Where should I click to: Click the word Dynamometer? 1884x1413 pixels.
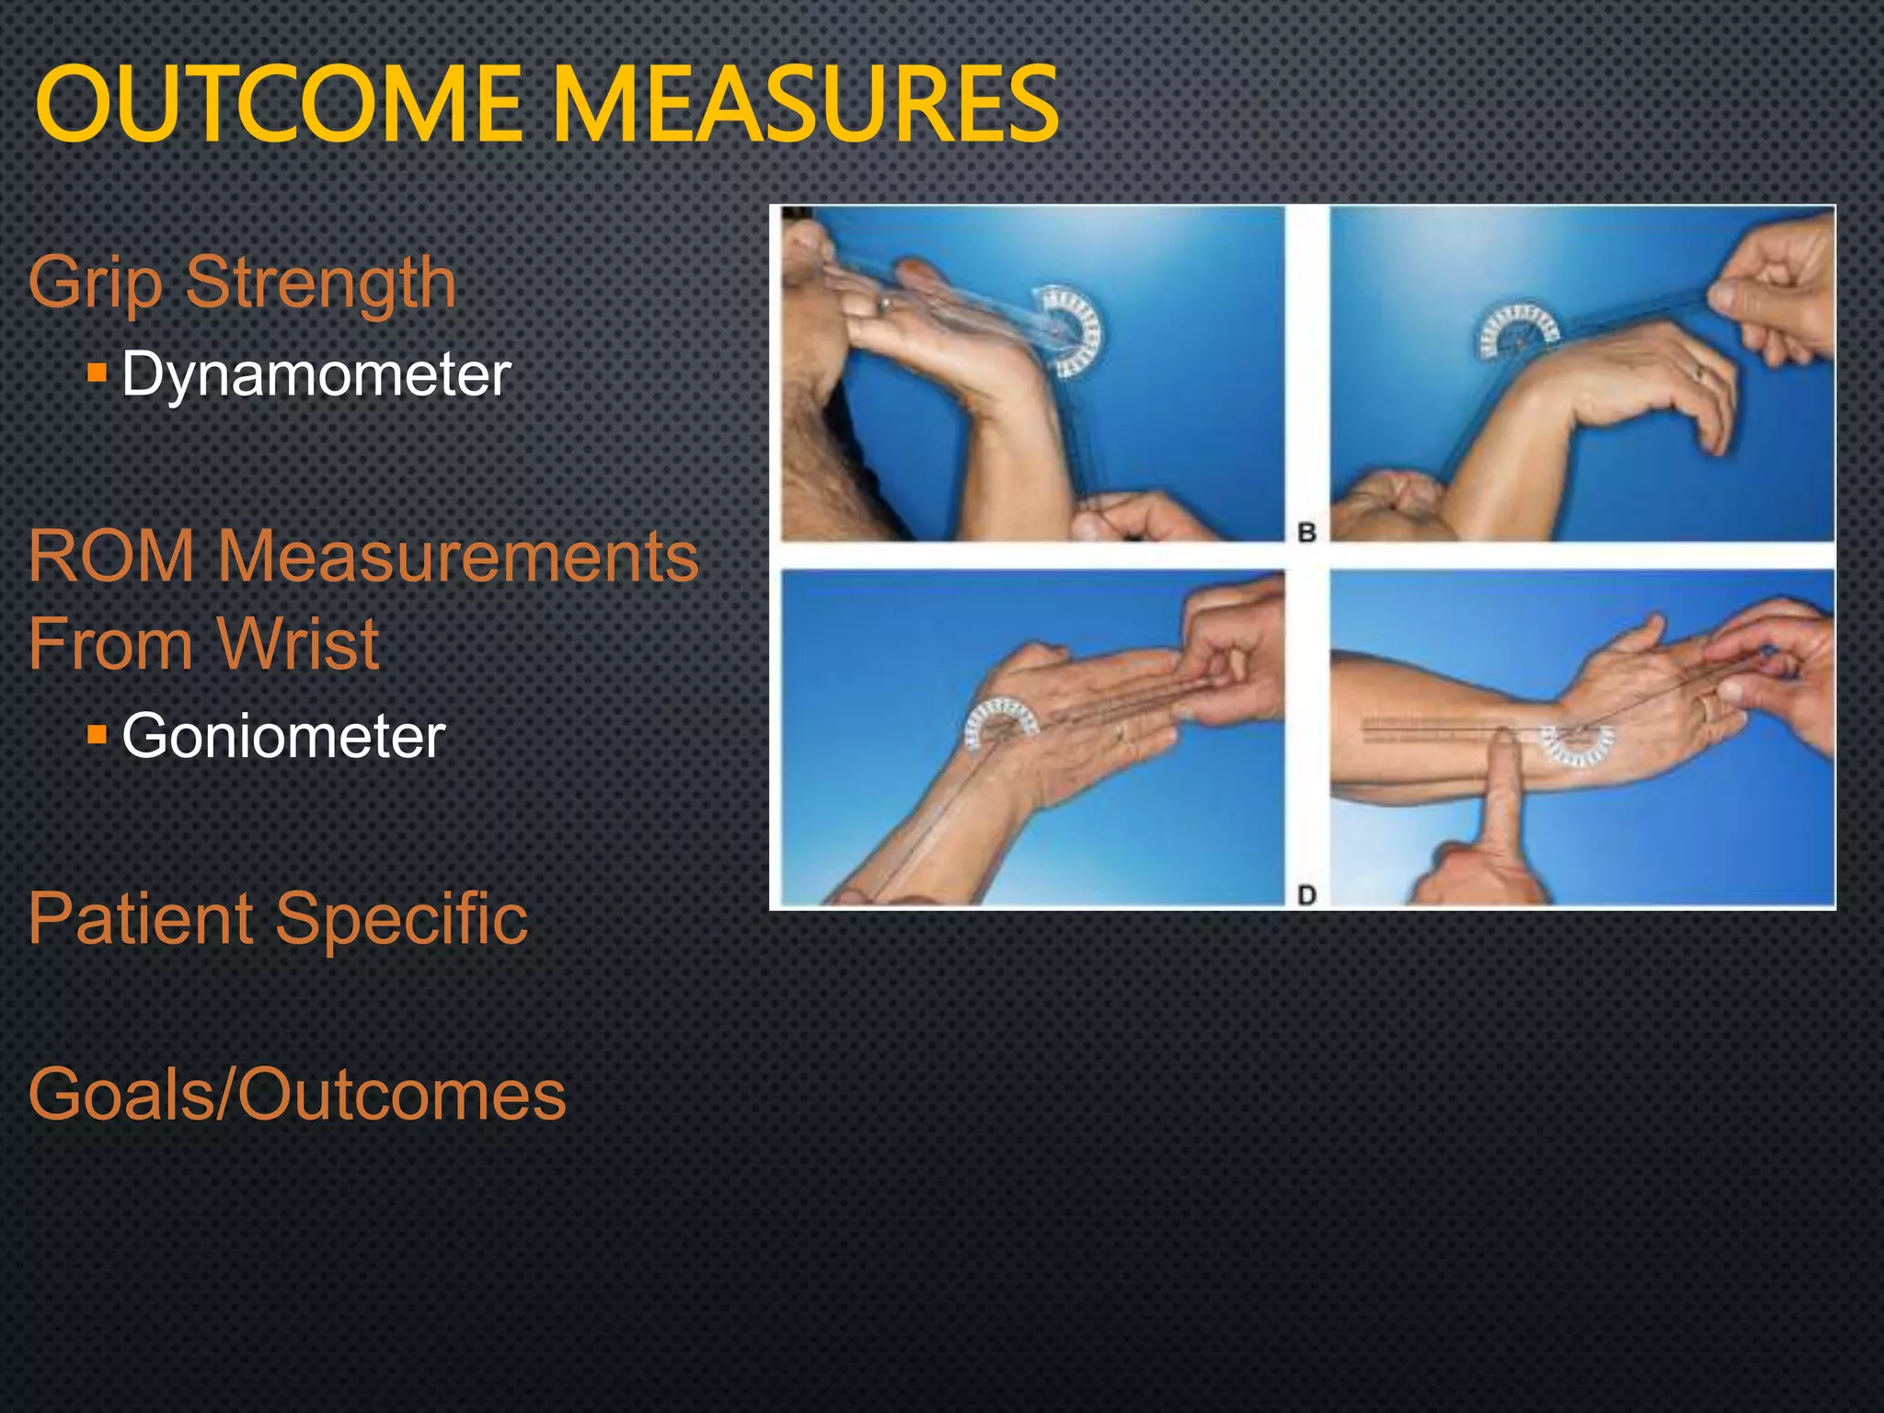click(x=316, y=374)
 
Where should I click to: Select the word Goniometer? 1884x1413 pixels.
click(x=283, y=736)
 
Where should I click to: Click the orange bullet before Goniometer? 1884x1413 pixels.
click(x=98, y=734)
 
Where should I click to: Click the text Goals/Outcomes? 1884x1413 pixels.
click(x=296, y=1095)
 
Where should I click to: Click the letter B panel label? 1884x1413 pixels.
click(x=1306, y=532)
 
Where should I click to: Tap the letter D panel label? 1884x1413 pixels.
click(x=1306, y=894)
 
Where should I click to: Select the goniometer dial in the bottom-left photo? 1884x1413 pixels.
click(x=1001, y=723)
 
